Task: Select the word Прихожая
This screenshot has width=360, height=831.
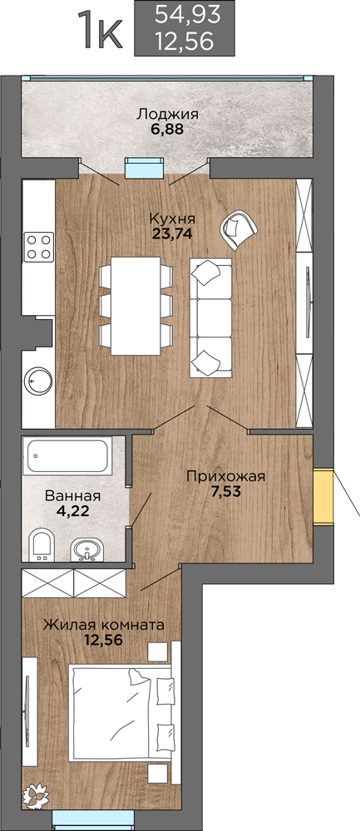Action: coord(225,476)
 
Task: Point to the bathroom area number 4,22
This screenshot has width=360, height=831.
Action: coord(72,511)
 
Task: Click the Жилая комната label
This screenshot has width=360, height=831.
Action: coord(103,626)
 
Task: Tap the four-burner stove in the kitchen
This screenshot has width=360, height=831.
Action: coord(39,247)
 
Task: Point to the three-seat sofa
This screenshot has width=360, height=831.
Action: coord(210,318)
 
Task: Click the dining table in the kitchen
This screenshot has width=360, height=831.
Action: coord(136,306)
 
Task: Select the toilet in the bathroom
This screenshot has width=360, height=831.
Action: coord(41,544)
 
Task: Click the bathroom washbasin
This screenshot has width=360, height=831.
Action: coord(85,549)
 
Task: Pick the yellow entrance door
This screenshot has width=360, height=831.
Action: coord(323,497)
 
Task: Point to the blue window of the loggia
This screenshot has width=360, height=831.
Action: coord(143,169)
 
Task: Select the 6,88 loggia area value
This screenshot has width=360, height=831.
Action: coord(166,129)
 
